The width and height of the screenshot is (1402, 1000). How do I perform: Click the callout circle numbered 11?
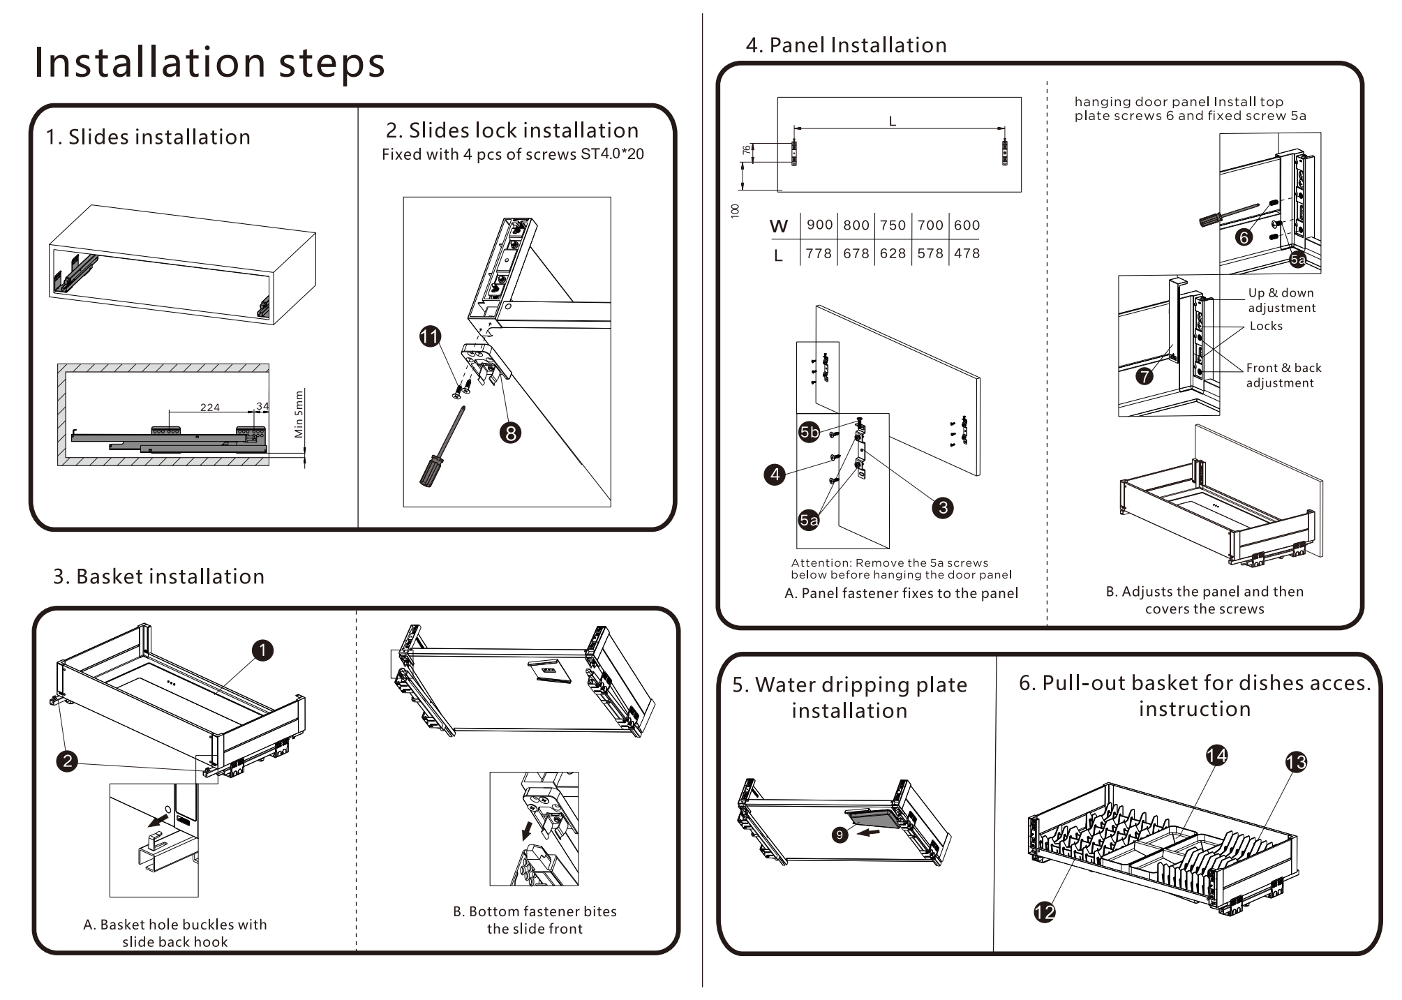point(430,336)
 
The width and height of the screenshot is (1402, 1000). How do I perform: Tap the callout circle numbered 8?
point(510,433)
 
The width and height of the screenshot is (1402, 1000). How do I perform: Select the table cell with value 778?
point(819,253)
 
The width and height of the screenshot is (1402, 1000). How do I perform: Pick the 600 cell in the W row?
point(967,225)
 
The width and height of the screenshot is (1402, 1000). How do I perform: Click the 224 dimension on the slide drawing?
point(210,408)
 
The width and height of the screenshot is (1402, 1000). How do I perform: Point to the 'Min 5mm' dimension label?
point(299,414)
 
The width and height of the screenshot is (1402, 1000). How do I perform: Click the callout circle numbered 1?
point(262,650)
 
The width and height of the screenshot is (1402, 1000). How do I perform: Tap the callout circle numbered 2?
point(67,761)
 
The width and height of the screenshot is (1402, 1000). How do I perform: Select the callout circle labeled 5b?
point(809,432)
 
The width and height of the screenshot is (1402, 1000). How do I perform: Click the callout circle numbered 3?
point(943,507)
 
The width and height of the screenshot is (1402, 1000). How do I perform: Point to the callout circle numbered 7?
point(1144,376)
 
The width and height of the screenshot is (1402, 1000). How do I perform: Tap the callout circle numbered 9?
point(840,835)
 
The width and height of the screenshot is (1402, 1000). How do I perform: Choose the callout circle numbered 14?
point(1216,755)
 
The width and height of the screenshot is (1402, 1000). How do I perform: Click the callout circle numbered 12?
point(1044,911)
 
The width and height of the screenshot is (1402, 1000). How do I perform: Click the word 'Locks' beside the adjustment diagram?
point(1266,326)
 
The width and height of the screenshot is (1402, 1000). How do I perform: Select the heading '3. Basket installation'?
point(159,576)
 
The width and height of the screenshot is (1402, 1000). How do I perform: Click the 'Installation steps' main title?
point(209,62)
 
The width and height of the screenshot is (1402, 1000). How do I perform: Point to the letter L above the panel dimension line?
point(892,121)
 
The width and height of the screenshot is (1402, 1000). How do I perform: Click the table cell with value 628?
point(893,253)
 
